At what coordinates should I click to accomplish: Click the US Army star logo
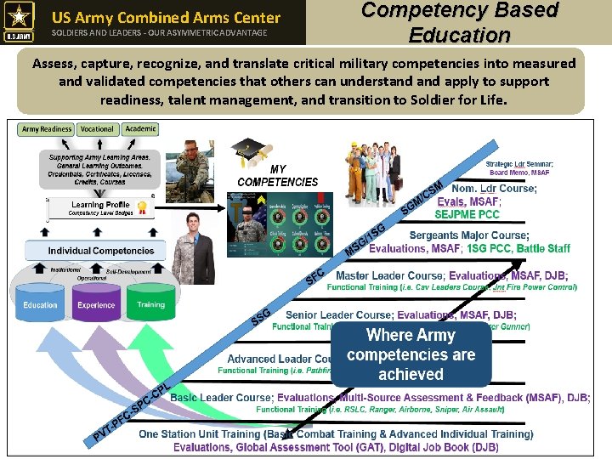point(19,21)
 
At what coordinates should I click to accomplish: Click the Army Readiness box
point(47,129)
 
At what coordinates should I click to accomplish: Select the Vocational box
point(97,129)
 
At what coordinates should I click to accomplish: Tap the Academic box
point(140,129)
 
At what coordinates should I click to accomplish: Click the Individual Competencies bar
point(101,251)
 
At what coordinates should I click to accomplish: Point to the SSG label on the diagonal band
point(261,317)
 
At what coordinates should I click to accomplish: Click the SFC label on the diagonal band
point(315,275)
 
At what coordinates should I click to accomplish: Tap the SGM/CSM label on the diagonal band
point(422,197)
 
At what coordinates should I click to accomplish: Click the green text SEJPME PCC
point(467,214)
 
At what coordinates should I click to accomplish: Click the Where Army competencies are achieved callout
point(411,354)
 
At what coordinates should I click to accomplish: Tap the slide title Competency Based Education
point(459,22)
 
